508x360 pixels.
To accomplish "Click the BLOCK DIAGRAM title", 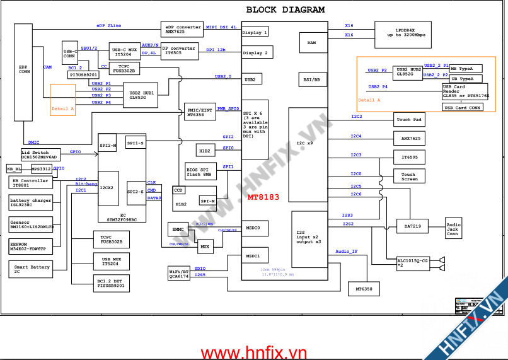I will [285, 9].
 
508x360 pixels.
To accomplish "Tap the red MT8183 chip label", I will [263, 197].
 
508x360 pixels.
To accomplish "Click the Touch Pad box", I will [408, 119].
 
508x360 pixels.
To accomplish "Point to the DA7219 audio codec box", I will [412, 226].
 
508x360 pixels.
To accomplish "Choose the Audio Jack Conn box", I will [453, 229].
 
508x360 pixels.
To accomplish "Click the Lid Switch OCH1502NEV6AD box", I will [39, 154].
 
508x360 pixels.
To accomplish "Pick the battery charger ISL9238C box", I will [31, 203].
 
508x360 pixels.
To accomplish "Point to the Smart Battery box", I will [31, 269].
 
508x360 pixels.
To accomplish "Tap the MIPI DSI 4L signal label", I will [221, 27].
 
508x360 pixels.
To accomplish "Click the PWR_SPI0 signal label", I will [228, 108].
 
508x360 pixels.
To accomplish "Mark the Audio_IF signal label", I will [347, 252].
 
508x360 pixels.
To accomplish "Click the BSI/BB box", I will [312, 80].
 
